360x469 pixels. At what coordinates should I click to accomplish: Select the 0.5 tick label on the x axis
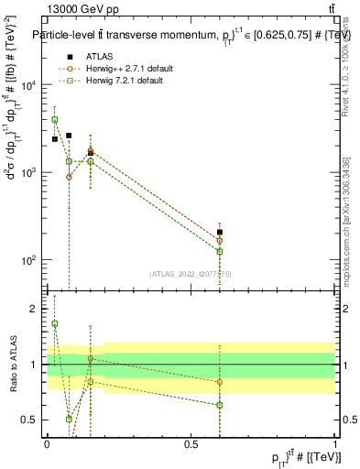pos(191,444)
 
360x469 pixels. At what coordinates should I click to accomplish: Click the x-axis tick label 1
pos(334,444)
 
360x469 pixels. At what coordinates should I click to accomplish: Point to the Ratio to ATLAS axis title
pos(12,365)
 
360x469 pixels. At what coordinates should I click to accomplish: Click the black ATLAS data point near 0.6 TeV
pos(220,233)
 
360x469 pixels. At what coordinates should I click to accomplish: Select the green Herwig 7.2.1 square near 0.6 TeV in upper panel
pos(220,251)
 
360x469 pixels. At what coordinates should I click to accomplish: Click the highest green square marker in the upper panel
pos(55,120)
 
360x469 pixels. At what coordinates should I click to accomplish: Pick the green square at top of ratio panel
pos(55,323)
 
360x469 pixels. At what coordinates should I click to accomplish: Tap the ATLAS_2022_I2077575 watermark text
pos(191,273)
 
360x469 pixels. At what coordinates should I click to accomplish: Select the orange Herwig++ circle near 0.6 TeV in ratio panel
pos(220,382)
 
